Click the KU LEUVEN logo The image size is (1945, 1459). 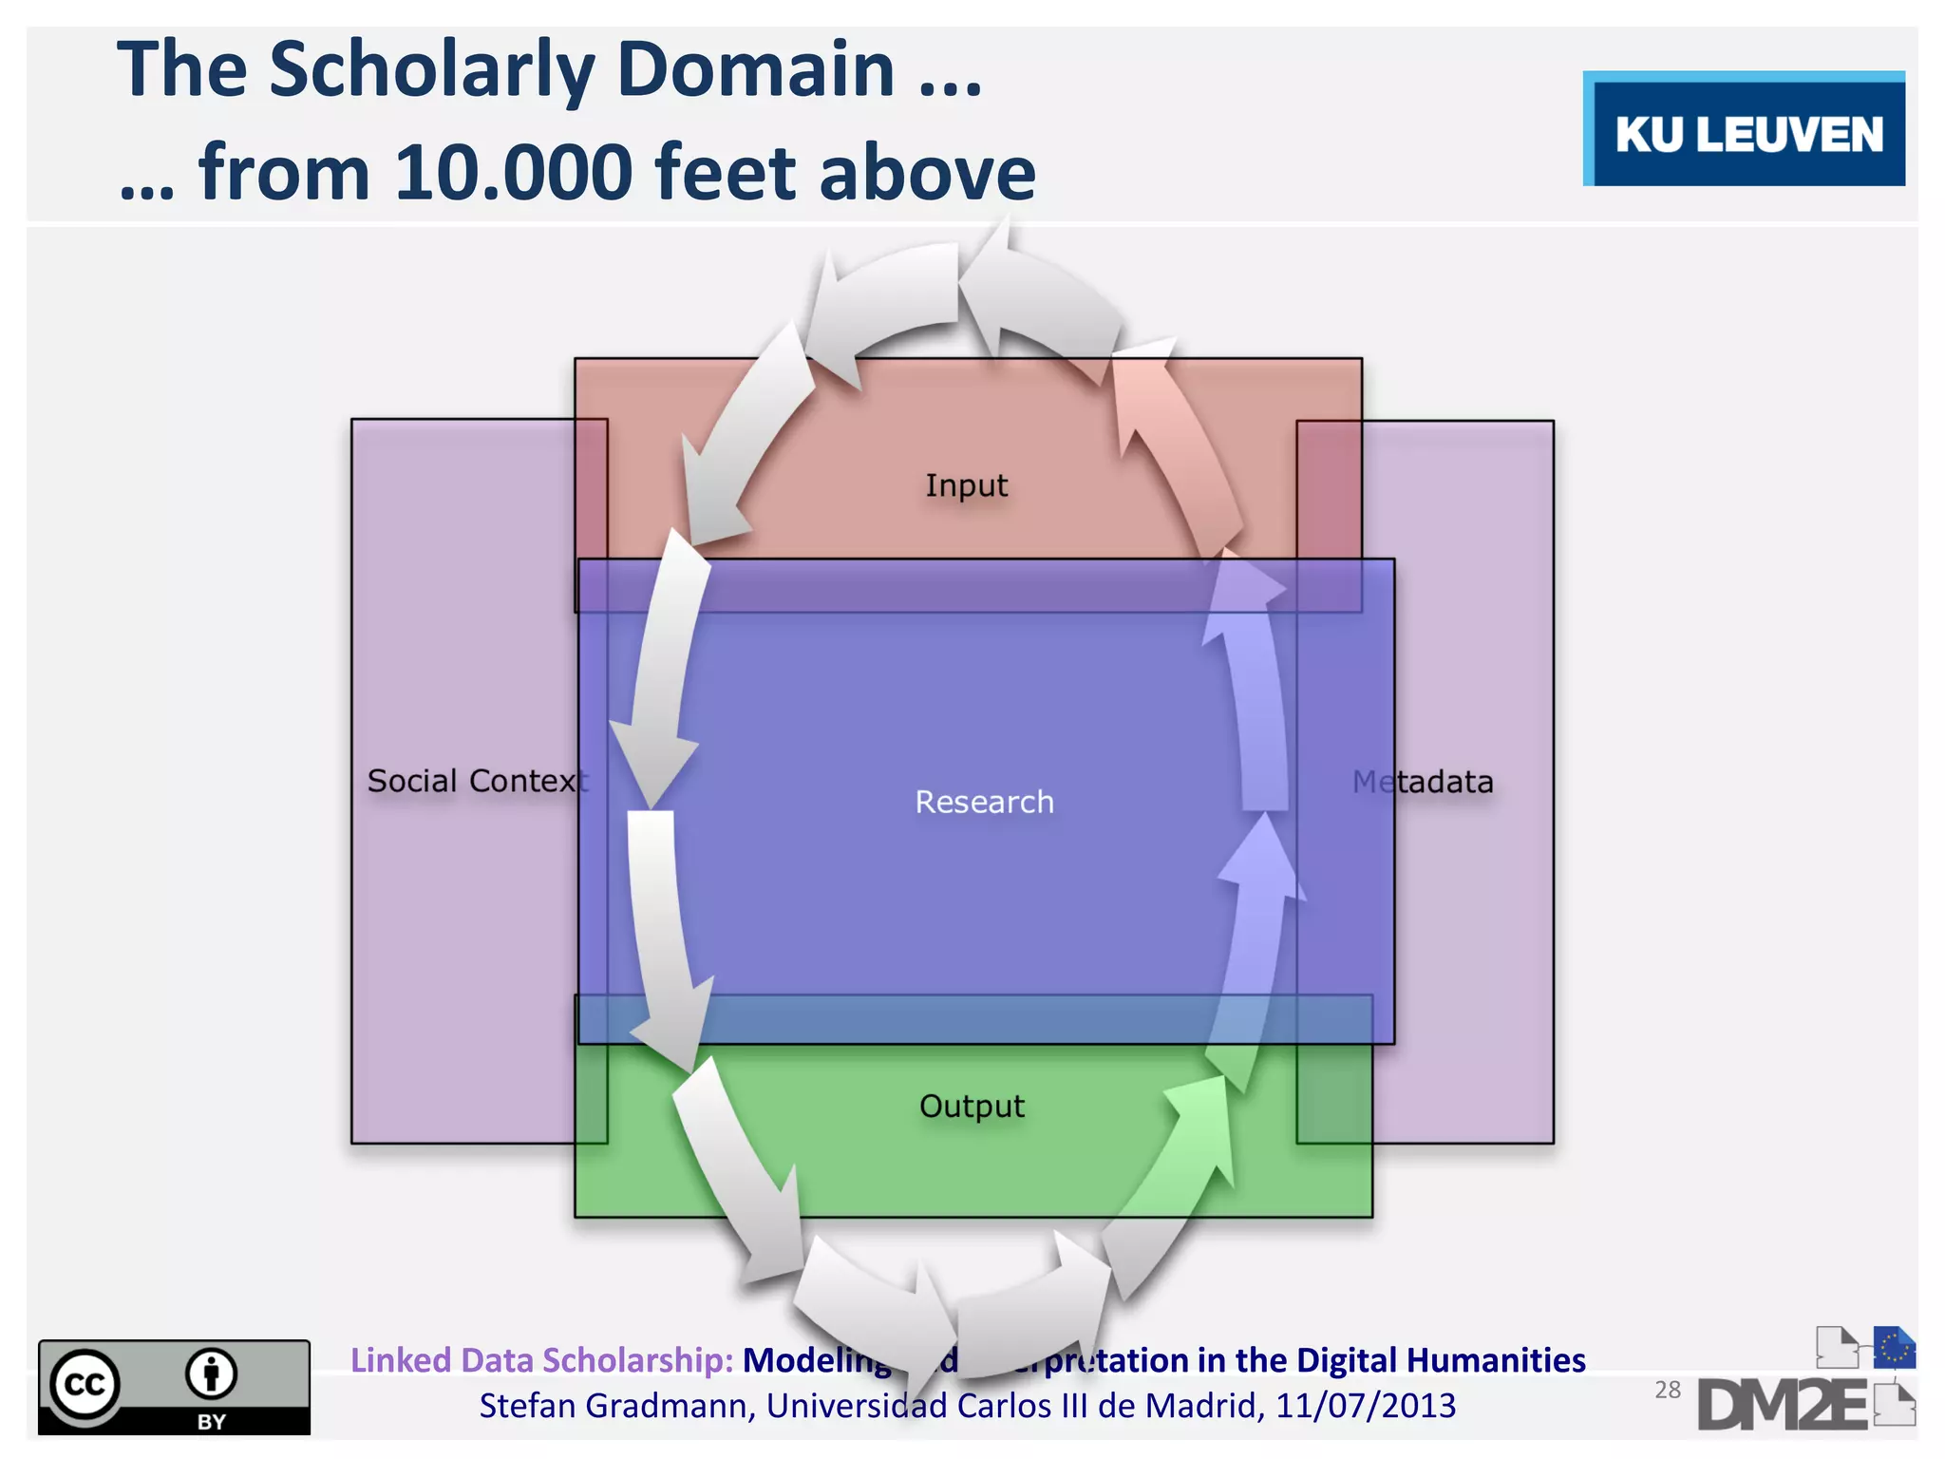pos(1746,131)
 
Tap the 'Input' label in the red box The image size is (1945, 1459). pos(966,485)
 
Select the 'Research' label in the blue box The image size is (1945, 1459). pos(984,802)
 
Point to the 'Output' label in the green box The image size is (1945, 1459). pos(972,1106)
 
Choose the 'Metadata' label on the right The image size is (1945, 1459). pos(1423,782)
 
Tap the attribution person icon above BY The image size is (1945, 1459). pos(211,1374)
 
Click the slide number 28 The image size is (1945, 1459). pos(1667,1390)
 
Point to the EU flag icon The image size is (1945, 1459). pos(1894,1347)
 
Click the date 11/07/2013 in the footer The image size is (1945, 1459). pos(1365,1406)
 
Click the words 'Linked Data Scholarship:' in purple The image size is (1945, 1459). pos(541,1360)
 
